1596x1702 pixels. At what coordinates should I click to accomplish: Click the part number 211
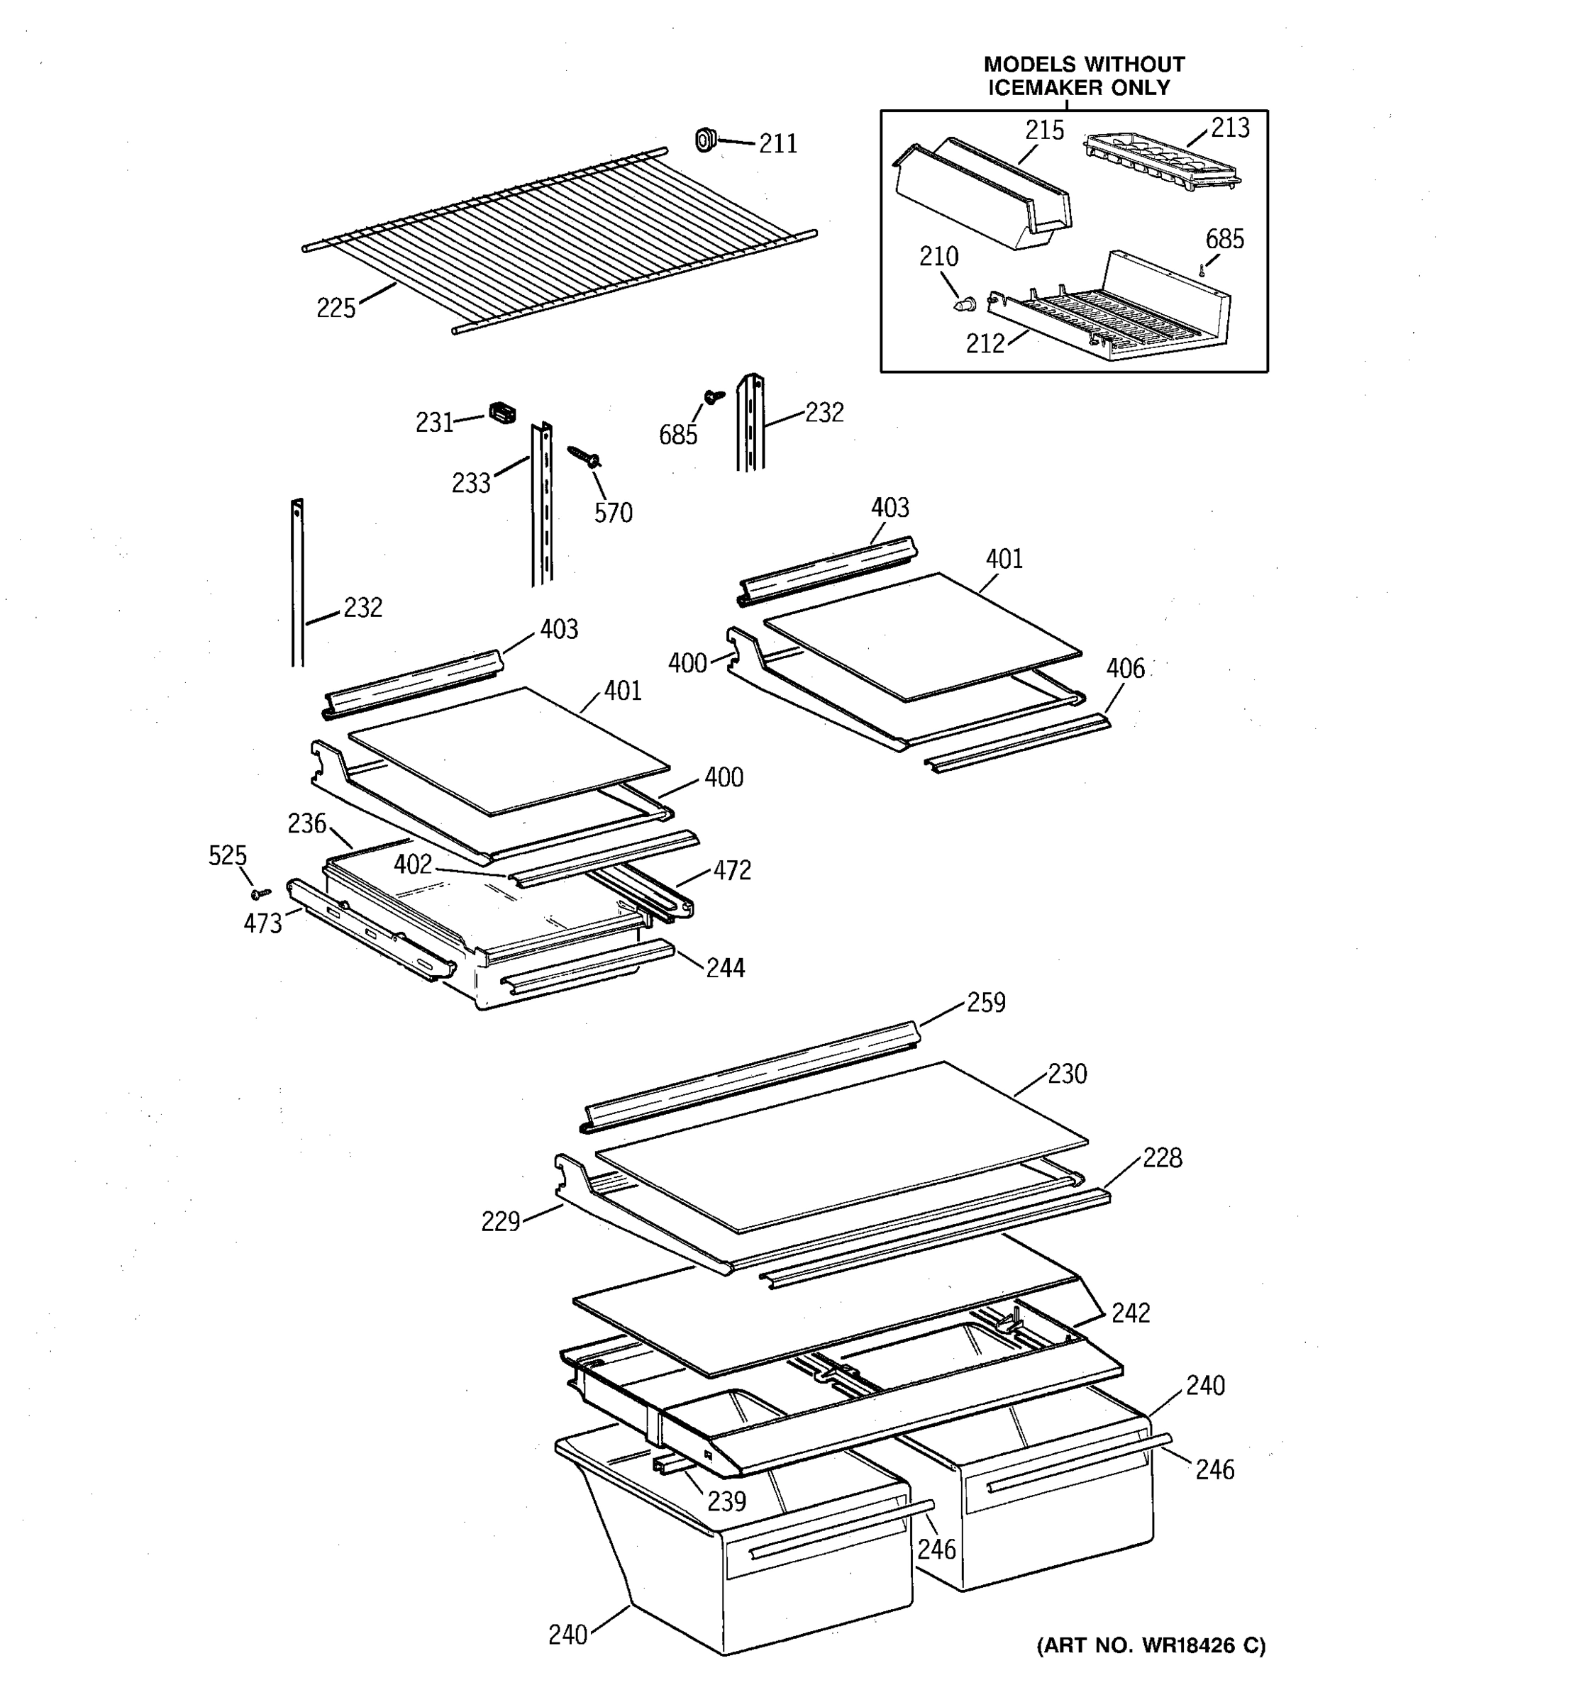[777, 144]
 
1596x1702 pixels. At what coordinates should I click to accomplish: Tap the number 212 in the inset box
[985, 344]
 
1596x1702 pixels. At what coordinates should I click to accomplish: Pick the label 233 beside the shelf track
[471, 484]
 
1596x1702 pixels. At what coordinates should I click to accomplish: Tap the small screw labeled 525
[259, 893]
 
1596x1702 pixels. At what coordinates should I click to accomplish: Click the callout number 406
[1125, 669]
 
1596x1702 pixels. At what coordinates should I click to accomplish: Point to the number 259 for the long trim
[985, 1003]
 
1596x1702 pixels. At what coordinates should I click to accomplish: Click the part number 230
[1067, 1074]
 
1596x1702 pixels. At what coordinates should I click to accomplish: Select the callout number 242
[1130, 1313]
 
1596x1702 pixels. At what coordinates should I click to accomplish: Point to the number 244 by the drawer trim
[725, 968]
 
